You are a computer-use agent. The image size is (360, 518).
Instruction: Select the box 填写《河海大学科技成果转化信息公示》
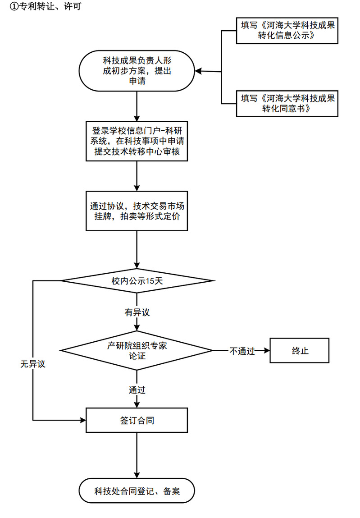pos(287,31)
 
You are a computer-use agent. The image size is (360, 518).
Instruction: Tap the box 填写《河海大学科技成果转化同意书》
pos(287,103)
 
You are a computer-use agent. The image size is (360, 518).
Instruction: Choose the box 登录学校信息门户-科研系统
pos(137,141)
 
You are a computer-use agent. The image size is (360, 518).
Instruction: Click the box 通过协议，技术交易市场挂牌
pos(137,211)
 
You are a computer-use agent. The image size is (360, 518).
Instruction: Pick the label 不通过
pos(242,351)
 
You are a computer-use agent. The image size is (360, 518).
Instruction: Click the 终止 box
pos(300,350)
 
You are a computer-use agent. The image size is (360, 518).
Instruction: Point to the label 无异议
pos(33,364)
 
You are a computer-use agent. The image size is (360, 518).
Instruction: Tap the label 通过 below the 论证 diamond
pos(137,390)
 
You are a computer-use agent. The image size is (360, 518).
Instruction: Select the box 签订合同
pos(137,420)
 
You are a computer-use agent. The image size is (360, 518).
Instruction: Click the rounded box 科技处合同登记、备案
pos(137,491)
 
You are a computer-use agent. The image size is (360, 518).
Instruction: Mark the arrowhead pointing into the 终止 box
pos(266,350)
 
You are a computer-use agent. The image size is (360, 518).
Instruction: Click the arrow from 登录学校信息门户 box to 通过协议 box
pos(137,175)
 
